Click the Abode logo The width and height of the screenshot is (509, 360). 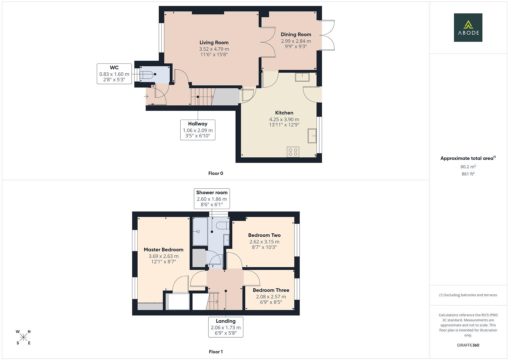click(468, 27)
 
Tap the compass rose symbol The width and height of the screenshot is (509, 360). click(23, 337)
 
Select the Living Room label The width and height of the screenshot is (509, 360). click(214, 43)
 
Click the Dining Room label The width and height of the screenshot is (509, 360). click(296, 34)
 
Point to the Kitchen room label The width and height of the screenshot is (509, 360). click(284, 113)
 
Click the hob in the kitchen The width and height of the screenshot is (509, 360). click(293, 152)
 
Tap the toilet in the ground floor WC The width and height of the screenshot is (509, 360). click(147, 75)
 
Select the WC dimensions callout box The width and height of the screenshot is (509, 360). click(114, 74)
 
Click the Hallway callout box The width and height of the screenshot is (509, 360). click(198, 130)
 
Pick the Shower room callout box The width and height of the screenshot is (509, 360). click(212, 199)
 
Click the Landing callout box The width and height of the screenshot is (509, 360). click(226, 327)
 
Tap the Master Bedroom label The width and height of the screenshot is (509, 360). click(163, 250)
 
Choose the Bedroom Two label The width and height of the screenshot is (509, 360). click(264, 235)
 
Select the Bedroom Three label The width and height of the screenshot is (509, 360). click(271, 290)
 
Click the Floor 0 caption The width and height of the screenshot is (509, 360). click(216, 173)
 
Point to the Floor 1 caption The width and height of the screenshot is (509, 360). click(216, 352)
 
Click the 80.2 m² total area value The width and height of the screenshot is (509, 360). click(468, 167)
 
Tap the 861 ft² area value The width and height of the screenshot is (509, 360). click(468, 174)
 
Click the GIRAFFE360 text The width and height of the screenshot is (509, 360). click(468, 345)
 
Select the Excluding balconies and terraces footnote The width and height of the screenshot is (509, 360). click(468, 295)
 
